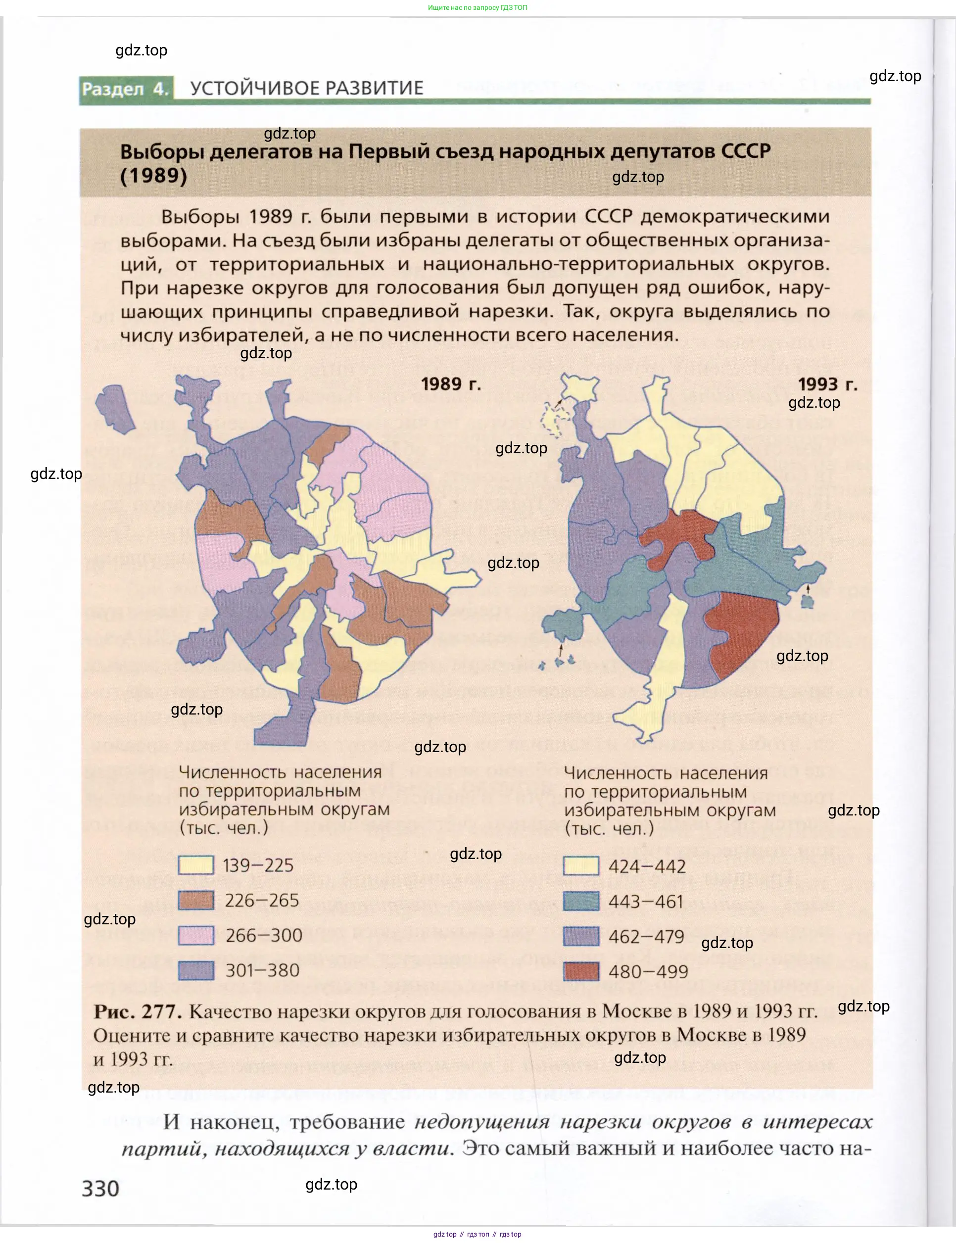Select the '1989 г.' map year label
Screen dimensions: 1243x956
click(x=451, y=384)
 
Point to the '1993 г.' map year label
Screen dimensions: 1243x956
click(x=827, y=384)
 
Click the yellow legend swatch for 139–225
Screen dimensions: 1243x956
click(x=196, y=865)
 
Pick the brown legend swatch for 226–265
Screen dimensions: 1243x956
click(x=196, y=901)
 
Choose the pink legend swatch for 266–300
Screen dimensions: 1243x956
click(x=196, y=935)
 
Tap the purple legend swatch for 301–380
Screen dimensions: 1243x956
click(x=196, y=970)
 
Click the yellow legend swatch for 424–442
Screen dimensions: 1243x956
click(x=581, y=866)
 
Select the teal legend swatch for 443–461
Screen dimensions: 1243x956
click(x=581, y=902)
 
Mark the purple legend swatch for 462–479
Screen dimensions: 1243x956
click(x=581, y=936)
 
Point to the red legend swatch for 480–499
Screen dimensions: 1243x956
click(x=581, y=971)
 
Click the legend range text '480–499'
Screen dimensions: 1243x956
click(x=648, y=971)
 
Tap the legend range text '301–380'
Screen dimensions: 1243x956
click(x=262, y=970)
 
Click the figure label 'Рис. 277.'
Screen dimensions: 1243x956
click(x=138, y=1011)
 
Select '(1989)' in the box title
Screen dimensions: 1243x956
click(x=153, y=175)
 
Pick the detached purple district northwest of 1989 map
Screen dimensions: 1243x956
click(x=115, y=407)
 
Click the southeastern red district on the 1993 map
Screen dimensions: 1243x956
click(x=742, y=632)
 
